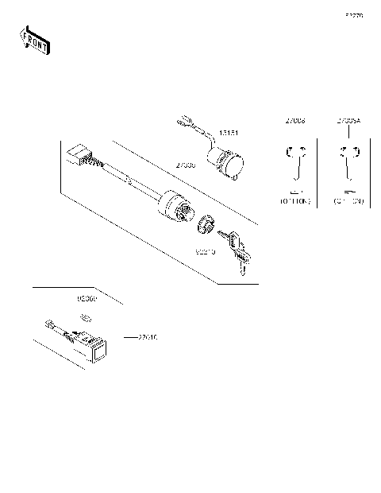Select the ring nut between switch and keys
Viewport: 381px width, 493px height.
(x=206, y=225)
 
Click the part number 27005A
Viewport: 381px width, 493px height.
(x=348, y=121)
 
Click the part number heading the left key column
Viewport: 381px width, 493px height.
(x=295, y=121)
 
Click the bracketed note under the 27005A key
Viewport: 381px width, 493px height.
(x=348, y=202)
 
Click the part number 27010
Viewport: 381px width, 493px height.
(x=148, y=337)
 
